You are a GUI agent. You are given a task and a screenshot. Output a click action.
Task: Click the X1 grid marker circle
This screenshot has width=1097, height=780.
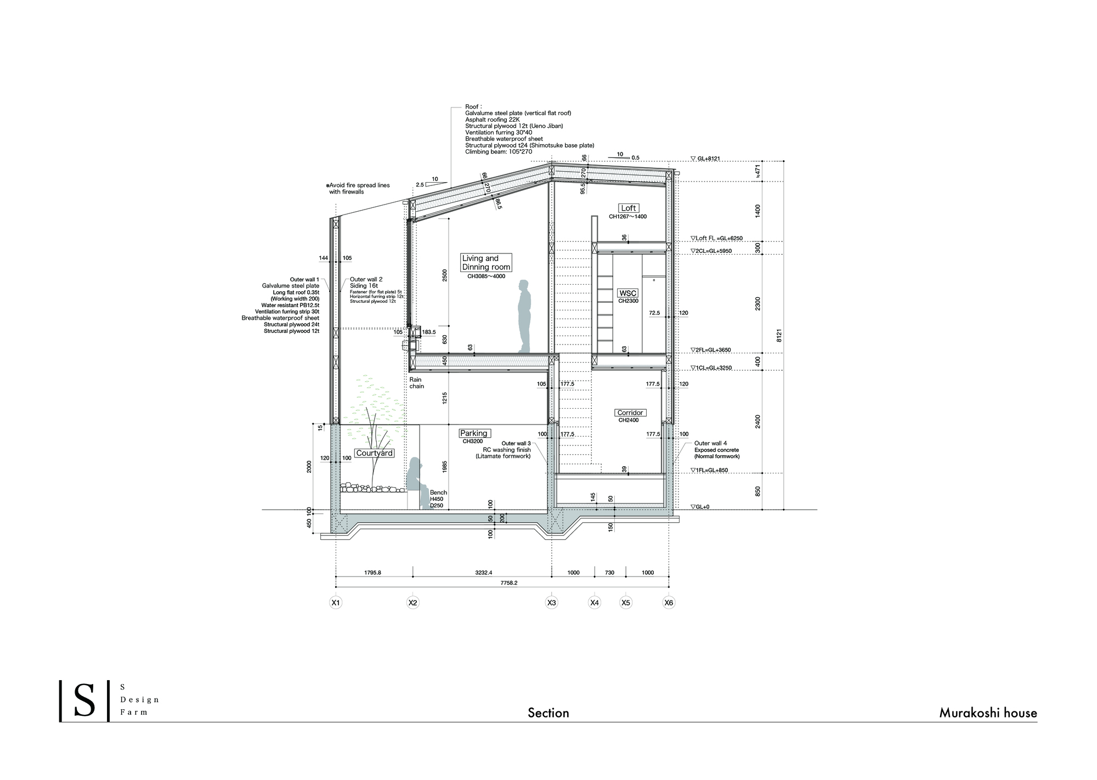click(336, 602)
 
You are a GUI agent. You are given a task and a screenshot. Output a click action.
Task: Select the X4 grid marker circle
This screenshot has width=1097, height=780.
click(595, 602)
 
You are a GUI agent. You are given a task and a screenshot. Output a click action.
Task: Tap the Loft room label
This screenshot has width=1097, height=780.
click(628, 208)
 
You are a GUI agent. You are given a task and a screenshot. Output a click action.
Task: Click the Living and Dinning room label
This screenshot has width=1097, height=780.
click(486, 262)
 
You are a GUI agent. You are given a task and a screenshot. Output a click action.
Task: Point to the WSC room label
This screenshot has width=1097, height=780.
click(627, 293)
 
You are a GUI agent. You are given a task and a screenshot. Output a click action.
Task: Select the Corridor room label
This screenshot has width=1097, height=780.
click(630, 412)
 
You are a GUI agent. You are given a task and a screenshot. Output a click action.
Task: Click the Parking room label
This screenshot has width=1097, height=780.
click(474, 433)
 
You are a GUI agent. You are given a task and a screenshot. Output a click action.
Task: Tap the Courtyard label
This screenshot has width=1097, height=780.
click(374, 453)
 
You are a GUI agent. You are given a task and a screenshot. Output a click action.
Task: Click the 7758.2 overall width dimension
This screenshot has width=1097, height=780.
click(508, 583)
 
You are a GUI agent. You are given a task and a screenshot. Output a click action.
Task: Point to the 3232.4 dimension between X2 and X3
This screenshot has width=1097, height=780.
click(483, 572)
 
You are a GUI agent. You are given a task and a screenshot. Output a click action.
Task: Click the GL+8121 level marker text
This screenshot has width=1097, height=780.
click(708, 159)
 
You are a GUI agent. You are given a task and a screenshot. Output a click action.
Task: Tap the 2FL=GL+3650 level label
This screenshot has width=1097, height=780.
click(711, 350)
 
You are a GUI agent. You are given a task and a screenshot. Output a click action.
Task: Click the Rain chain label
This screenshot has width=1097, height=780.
click(416, 383)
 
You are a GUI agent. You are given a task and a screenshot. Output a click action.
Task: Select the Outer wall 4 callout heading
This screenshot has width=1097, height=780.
click(710, 443)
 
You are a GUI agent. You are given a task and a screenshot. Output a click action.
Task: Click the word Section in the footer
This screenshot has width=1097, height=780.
click(548, 713)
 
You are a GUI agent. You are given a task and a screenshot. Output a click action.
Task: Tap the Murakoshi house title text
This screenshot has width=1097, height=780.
click(988, 713)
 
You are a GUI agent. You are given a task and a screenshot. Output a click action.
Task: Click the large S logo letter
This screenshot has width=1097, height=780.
click(84, 701)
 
